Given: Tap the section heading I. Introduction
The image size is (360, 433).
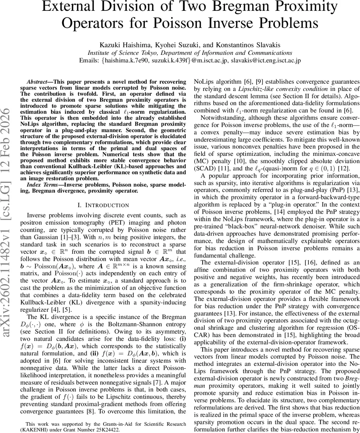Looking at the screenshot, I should pos(103,205).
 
